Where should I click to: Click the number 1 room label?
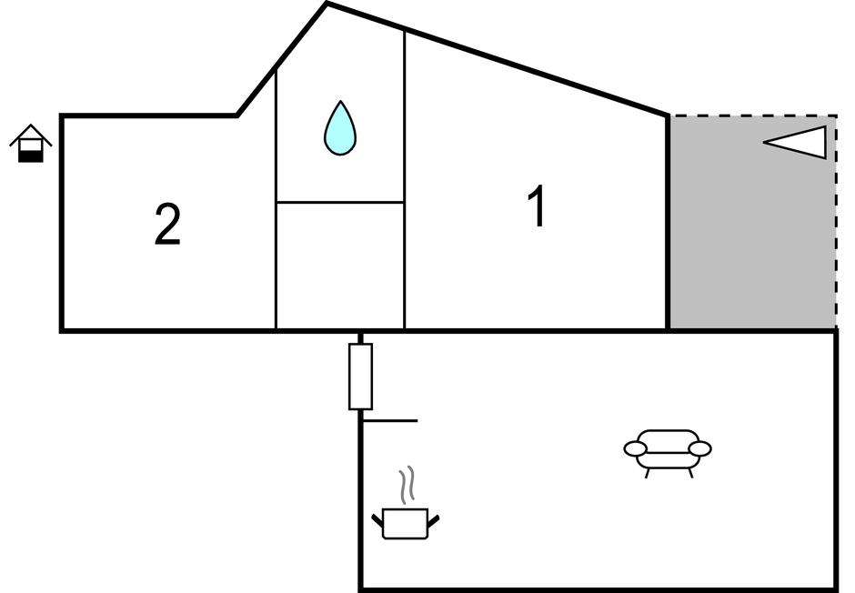pos(538,206)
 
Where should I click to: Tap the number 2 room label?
pos(167,225)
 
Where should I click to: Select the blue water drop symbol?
pos(340,129)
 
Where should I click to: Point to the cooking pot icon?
pos(406,523)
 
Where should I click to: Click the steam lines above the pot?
pos(408,486)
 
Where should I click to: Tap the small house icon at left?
pos(31,144)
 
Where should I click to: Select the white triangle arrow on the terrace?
pos(797,142)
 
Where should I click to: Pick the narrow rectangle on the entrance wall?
pos(361,377)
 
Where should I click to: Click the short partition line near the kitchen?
pos(390,421)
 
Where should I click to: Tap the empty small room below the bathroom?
pos(340,266)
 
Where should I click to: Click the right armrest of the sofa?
pos(699,448)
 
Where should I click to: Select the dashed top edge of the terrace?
pos(753,116)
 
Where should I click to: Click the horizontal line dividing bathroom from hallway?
pos(340,202)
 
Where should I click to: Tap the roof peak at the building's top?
pos(327,5)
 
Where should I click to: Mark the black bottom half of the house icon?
pos(31,156)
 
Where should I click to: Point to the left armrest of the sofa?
pos(635,448)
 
